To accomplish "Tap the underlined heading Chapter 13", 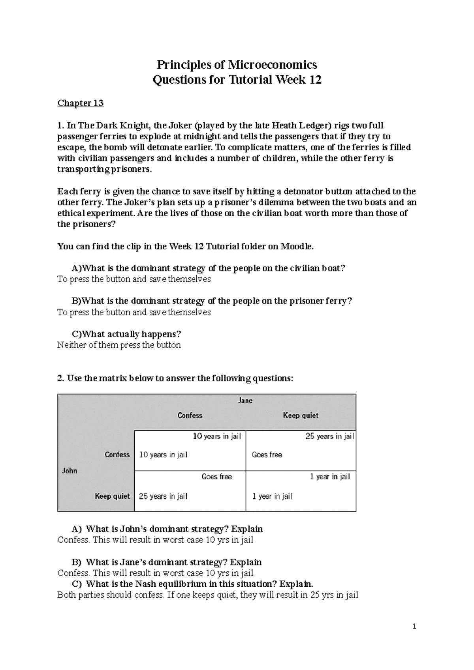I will click(x=81, y=103).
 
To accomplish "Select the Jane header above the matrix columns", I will click(x=245, y=401).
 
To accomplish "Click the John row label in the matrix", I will click(x=70, y=471).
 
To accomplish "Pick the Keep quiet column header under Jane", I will click(x=301, y=415).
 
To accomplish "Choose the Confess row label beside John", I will click(x=117, y=455).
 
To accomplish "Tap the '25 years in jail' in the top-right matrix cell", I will click(x=329, y=436).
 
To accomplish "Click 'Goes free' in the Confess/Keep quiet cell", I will click(x=267, y=455).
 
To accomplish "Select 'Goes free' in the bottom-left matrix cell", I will click(x=216, y=477).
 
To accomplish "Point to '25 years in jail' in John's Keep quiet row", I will click(x=163, y=496).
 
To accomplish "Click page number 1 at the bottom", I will click(x=414, y=626).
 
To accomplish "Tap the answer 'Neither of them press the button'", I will click(x=119, y=345).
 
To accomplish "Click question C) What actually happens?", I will click(x=126, y=334).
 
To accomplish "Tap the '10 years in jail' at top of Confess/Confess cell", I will click(x=217, y=436).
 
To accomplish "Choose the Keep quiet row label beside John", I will click(x=112, y=496).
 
